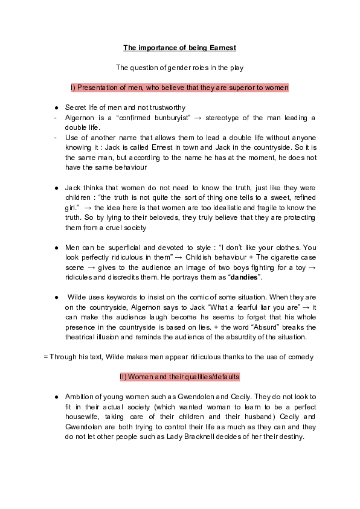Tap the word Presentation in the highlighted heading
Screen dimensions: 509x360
tap(97, 88)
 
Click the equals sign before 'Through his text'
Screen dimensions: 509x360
tap(46, 357)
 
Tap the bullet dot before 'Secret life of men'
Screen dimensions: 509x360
tap(56, 107)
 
